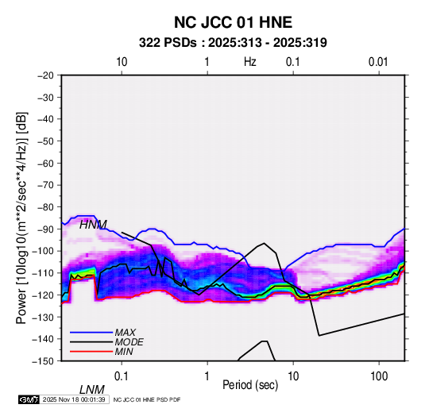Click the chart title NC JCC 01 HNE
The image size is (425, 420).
233,22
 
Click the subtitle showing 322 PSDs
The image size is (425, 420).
233,43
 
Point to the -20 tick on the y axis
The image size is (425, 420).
45,75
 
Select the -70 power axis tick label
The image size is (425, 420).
45,185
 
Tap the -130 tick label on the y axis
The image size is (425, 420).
43,317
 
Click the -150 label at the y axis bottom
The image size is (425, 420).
43,361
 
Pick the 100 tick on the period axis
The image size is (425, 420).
379,376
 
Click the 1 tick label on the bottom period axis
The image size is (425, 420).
207,376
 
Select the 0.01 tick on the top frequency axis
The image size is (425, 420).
378,62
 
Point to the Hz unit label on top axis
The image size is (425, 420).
250,62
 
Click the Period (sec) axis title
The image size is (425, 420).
250,385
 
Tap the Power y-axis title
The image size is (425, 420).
21,218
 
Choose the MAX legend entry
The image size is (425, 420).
126,332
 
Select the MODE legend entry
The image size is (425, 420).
129,342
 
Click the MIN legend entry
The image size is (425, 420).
124,352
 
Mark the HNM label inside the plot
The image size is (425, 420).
93,225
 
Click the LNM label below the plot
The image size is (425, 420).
92,390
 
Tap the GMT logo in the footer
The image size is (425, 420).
29,399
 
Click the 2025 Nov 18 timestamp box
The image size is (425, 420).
74,399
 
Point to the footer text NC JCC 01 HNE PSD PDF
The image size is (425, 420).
147,399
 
